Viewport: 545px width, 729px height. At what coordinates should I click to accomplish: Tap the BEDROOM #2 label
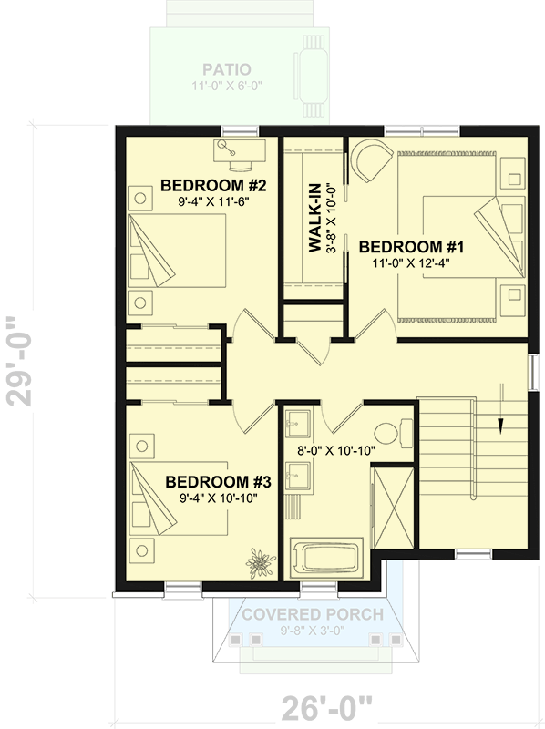click(212, 186)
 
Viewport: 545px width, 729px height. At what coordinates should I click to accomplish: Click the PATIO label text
click(227, 69)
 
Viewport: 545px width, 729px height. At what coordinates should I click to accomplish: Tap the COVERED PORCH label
click(312, 614)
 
